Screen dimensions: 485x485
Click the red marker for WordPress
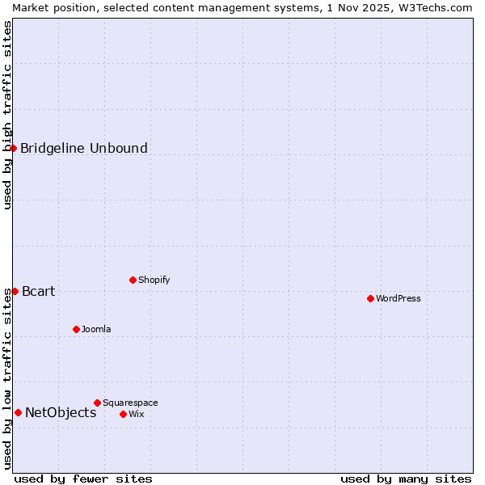(370, 298)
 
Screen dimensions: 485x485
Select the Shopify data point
(133, 280)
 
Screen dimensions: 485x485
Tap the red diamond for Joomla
(76, 329)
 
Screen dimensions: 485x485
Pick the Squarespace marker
(97, 403)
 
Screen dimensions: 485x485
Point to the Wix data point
(123, 414)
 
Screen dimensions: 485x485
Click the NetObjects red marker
(18, 412)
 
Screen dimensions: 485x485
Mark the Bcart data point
(15, 291)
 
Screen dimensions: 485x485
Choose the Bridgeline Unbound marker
(13, 148)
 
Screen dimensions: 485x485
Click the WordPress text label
(399, 298)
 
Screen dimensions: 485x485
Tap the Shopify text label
(154, 280)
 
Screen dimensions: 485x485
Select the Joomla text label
(96, 329)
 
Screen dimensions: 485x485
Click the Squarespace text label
(130, 403)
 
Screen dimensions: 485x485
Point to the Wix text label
(137, 414)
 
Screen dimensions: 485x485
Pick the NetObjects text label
(61, 412)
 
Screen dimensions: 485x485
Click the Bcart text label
(39, 291)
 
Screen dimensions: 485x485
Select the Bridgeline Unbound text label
(84, 148)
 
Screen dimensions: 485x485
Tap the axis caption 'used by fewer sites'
(83, 479)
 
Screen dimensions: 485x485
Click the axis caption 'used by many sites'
(406, 479)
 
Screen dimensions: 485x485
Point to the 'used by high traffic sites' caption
(7, 115)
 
